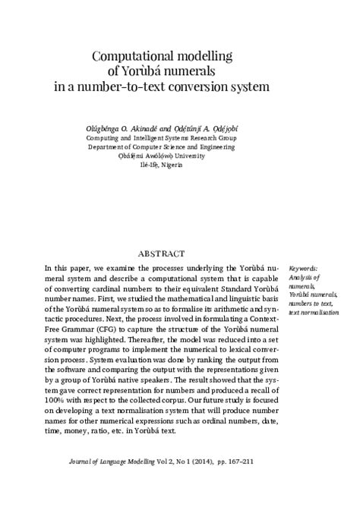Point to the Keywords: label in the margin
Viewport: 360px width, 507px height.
305,268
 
